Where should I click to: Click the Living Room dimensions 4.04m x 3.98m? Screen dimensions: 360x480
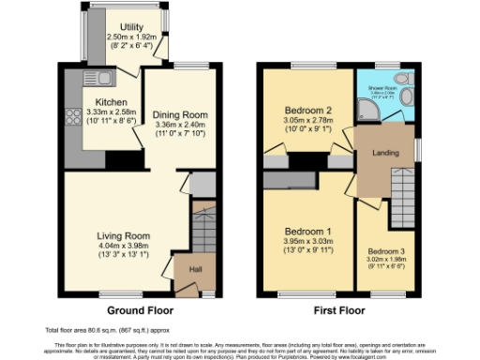pyautogui.click(x=124, y=247)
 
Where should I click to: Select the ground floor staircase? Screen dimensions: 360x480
pyautogui.click(x=203, y=230)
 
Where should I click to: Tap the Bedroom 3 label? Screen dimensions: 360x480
pyautogui.click(x=386, y=252)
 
